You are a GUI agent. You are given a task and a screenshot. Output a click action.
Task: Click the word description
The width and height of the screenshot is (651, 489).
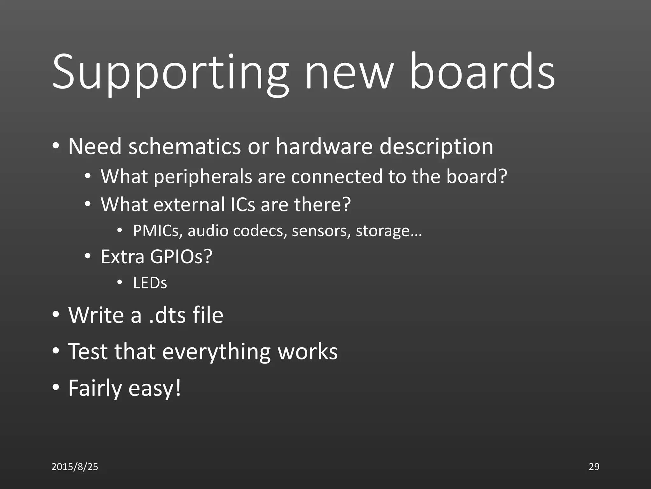[x=436, y=147]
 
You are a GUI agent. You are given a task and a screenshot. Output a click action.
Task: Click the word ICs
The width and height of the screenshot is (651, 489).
[x=243, y=204]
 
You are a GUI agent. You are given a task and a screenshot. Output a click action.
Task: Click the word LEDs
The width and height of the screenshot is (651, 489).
[x=150, y=283]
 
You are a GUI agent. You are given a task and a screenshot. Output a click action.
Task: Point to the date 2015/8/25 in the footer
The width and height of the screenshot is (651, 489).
[x=75, y=467]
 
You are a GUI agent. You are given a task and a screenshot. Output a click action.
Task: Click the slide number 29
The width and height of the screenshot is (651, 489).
[x=594, y=467]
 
